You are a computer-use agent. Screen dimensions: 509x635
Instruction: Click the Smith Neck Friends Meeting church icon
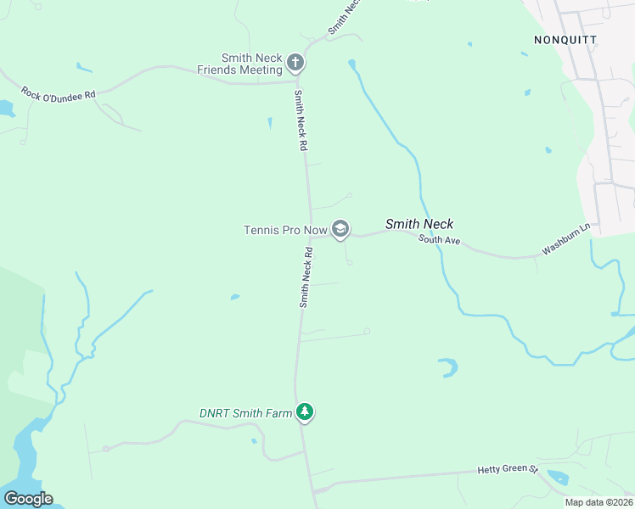coord(295,62)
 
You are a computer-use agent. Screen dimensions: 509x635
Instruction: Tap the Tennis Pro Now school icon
coord(340,229)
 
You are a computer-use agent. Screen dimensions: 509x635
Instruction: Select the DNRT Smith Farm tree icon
coord(305,412)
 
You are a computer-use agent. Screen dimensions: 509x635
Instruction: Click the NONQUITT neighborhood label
coord(565,40)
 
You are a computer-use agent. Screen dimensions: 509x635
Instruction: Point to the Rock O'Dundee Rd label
coord(58,94)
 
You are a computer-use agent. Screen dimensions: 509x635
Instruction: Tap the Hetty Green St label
coord(508,468)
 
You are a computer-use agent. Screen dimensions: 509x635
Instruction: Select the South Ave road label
coord(439,241)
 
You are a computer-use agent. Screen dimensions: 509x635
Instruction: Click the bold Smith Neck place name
coord(419,224)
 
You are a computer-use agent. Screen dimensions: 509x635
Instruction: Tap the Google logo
coord(28,499)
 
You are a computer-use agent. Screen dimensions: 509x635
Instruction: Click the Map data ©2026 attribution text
coord(599,502)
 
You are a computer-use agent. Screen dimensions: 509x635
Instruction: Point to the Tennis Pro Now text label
coord(284,230)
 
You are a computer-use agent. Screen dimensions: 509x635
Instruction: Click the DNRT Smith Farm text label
coord(244,412)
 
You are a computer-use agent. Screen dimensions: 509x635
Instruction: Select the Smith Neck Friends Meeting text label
coord(239,64)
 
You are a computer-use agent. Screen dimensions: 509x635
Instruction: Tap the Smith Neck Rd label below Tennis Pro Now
coord(306,277)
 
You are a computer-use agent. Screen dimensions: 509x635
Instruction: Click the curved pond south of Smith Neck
coord(447,367)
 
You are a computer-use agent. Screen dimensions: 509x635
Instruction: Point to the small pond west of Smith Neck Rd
coord(234,297)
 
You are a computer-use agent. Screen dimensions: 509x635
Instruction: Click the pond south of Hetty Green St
coord(558,477)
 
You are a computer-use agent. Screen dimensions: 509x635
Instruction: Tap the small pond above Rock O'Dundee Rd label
coord(83,67)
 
